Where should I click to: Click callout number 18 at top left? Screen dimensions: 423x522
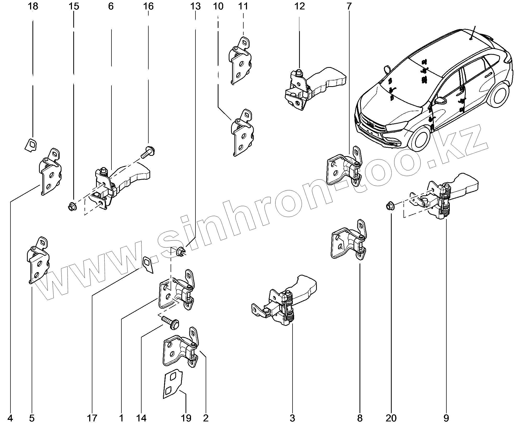(33, 6)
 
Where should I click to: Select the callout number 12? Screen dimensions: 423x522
(300, 6)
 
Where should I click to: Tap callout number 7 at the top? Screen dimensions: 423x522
(349, 6)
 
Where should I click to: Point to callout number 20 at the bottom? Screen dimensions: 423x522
(391, 418)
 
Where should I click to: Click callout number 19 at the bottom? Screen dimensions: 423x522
(186, 418)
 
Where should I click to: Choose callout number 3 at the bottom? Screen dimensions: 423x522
(292, 418)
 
